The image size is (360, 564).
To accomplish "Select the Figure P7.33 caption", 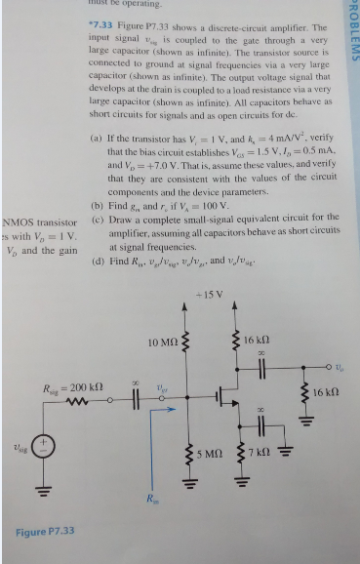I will [x=46, y=532].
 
